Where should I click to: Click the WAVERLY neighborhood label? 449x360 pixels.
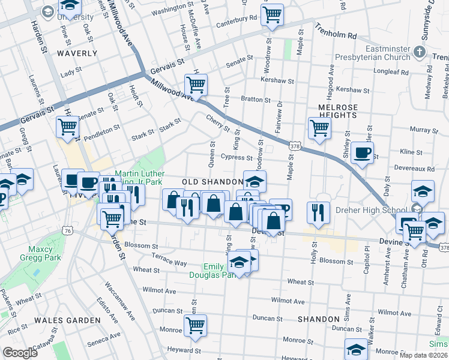(77, 53)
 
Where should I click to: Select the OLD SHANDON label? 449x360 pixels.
(206, 182)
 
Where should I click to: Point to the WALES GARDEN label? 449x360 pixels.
(67, 320)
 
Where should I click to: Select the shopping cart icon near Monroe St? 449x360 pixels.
(195, 325)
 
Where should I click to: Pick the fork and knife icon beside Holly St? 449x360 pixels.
(318, 212)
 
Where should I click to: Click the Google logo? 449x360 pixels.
(20, 353)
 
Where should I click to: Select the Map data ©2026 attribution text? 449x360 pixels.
(423, 355)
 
